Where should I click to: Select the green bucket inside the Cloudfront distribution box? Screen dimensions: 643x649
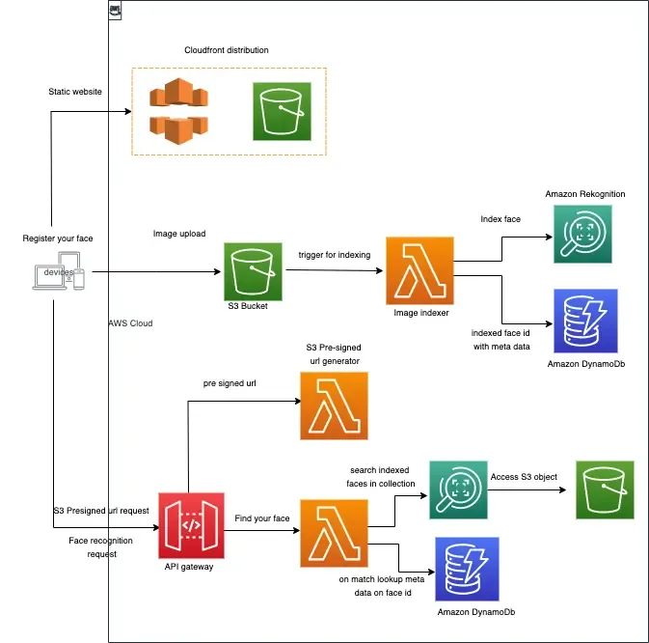click(282, 111)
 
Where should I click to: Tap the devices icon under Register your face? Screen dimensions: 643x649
click(58, 271)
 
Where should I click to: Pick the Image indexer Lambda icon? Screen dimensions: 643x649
click(418, 269)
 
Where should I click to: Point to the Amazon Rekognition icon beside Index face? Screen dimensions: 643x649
click(582, 235)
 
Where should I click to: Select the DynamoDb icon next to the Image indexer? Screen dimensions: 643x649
click(582, 321)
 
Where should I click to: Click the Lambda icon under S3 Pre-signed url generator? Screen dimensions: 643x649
click(334, 405)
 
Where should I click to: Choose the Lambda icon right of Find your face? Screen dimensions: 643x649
click(334, 532)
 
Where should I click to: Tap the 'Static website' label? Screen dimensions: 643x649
click(75, 92)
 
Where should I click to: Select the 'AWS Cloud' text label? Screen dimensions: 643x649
click(130, 323)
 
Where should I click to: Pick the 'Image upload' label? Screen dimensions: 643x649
click(180, 234)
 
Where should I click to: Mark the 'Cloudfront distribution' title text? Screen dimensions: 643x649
click(227, 50)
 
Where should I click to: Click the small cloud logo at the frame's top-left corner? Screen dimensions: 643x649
click(115, 11)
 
